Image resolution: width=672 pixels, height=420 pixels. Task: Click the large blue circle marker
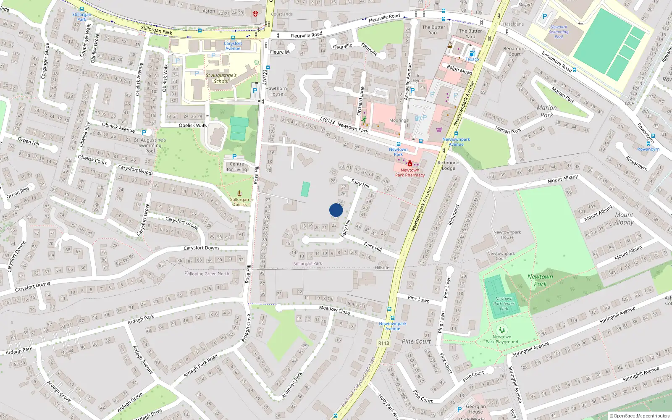pos(336,210)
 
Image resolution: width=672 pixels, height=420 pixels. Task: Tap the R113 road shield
pos(383,343)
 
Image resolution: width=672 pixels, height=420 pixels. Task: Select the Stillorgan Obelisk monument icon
pos(239,193)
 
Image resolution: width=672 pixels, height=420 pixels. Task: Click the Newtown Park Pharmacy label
pos(409,173)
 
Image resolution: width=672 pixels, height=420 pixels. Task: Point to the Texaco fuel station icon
pos(472,53)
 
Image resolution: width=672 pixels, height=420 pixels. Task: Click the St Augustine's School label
pos(221,78)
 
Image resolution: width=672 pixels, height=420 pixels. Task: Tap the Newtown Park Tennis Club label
pos(504,304)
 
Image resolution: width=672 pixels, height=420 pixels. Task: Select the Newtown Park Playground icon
pos(501,330)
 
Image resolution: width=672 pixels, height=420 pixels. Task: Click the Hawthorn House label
pos(276,91)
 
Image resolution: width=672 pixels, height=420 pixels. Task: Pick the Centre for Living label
pos(237,167)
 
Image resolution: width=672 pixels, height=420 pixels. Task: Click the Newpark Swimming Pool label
pos(559,32)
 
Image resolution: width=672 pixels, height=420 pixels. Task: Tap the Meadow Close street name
pos(334,310)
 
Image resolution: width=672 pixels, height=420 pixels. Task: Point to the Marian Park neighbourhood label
pos(547,111)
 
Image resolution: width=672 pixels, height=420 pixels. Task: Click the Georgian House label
pos(476,409)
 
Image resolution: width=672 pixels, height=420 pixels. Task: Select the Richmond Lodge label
pos(448,165)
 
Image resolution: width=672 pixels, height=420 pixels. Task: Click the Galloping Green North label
pos(207,273)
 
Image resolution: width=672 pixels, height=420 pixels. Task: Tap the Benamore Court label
pos(514,51)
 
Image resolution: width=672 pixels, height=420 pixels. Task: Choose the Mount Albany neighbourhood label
pos(624,218)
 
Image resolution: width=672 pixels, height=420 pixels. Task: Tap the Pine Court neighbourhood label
pos(416,341)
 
